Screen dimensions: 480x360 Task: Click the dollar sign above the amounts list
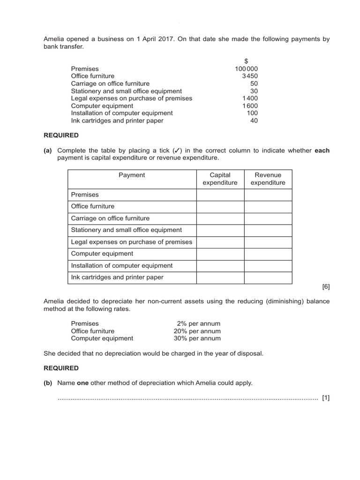point(246,61)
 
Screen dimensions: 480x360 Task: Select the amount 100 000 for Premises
point(246,68)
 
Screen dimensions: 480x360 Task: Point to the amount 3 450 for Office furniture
point(250,76)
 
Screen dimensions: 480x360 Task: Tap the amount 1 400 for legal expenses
point(250,98)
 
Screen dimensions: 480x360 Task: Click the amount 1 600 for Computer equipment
point(250,106)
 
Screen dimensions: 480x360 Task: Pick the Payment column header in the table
point(132,175)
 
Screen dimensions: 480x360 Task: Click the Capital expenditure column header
point(220,179)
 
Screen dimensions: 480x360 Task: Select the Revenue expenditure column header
point(268,179)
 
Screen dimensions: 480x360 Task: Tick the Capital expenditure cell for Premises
point(220,195)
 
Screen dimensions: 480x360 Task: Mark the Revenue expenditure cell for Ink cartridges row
point(268,277)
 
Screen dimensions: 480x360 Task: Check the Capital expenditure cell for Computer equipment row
point(220,254)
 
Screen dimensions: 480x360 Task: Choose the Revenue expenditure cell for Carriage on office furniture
point(268,218)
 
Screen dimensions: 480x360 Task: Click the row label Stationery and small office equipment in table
point(126,230)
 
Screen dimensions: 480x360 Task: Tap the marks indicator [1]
point(326,398)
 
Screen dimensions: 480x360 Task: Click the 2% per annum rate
point(198,323)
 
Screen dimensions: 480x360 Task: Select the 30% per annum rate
point(197,338)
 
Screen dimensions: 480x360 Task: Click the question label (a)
point(48,150)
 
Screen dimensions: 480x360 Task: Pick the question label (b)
point(48,383)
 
